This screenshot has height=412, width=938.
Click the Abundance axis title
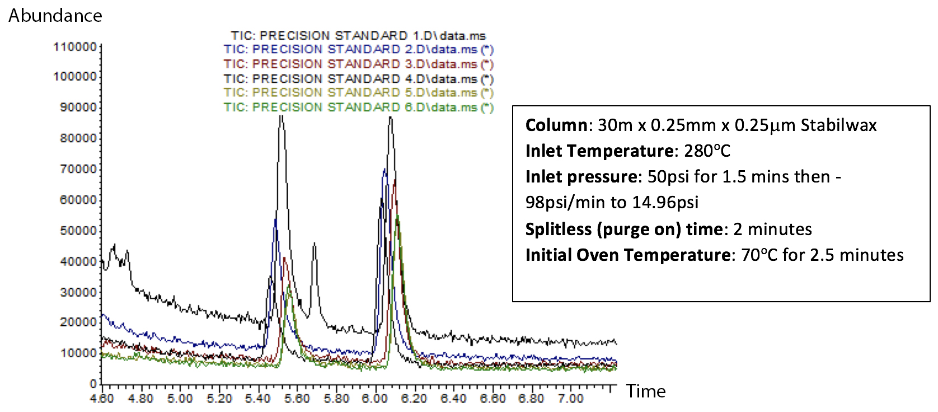55,16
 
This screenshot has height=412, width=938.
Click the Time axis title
646,391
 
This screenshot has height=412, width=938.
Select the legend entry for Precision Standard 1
358,36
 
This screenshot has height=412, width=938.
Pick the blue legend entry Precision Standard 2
358,50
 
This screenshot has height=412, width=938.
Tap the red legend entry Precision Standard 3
358,64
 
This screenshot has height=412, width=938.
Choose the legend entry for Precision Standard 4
358,79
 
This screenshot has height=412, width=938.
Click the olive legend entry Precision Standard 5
358,93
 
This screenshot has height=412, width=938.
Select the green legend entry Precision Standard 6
358,107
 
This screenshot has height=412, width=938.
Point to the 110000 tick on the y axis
75,47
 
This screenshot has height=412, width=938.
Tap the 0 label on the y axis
93,384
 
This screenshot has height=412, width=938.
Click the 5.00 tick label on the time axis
180,399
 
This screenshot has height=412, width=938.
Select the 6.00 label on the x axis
374,399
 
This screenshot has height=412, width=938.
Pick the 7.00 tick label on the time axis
570,399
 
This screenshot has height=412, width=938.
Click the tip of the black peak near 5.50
282,115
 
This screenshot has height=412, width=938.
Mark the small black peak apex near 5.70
315,244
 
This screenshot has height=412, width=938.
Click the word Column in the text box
556,125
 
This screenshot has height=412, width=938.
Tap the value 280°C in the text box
707,151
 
